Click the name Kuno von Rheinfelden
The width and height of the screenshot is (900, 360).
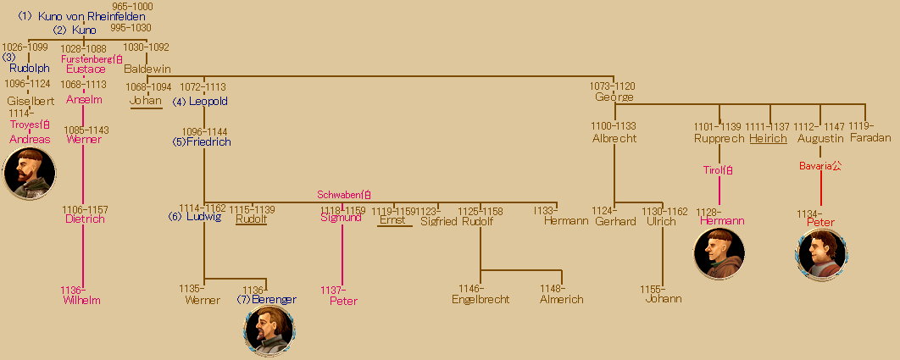(92, 17)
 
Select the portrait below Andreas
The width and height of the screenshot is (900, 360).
(30, 173)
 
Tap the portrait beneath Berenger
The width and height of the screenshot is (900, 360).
(269, 331)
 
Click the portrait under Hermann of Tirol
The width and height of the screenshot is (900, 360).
(719, 253)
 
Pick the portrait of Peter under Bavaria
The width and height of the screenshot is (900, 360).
(821, 254)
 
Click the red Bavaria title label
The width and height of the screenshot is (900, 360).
(820, 166)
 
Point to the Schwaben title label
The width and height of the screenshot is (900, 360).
(344, 195)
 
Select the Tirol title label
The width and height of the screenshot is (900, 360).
(719, 170)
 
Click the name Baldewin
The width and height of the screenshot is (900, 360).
(147, 69)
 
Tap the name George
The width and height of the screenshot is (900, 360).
(614, 97)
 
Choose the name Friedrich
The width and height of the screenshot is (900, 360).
(208, 142)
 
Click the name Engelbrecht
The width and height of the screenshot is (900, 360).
(481, 299)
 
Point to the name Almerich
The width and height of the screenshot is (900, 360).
(562, 299)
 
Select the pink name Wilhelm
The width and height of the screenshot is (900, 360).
(82, 300)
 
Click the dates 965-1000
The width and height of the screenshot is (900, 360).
(133, 6)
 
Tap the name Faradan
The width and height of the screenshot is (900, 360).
(870, 138)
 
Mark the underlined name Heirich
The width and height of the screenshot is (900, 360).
(768, 138)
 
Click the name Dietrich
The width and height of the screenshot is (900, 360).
(85, 219)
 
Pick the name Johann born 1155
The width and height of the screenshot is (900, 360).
(664, 299)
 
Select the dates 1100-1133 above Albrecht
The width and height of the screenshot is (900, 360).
(614, 126)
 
